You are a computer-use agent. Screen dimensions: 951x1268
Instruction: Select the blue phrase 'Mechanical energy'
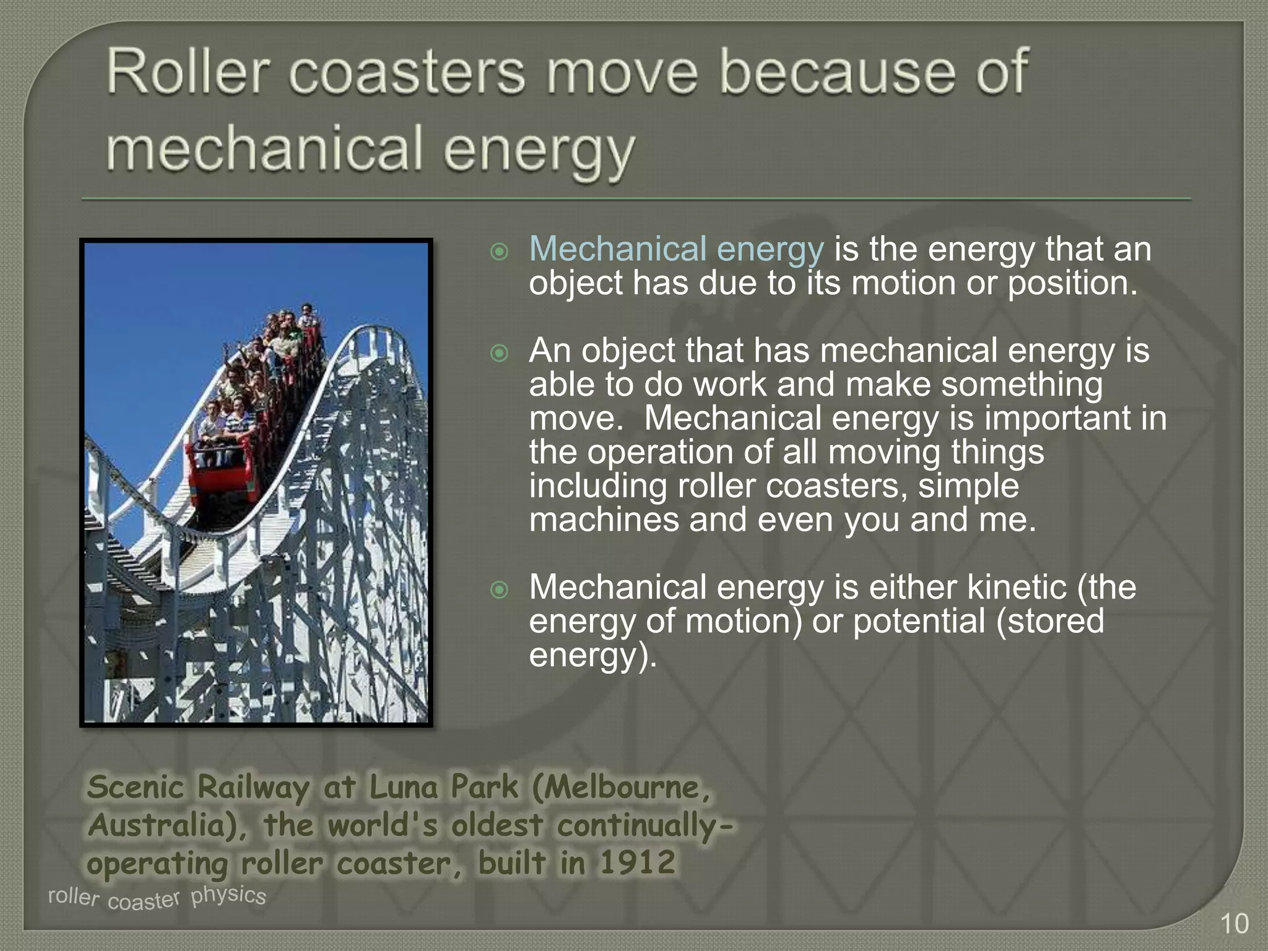(x=676, y=250)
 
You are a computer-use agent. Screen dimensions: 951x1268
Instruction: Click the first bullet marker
(x=499, y=252)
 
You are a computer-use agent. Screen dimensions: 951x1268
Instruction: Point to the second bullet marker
(x=499, y=354)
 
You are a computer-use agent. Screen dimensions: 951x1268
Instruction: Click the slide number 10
(x=1234, y=924)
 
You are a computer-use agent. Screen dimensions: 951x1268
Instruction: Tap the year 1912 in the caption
(x=637, y=862)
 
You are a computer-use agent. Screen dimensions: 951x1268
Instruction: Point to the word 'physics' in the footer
(x=228, y=895)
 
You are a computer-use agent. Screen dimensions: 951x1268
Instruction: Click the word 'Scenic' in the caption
(x=136, y=788)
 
